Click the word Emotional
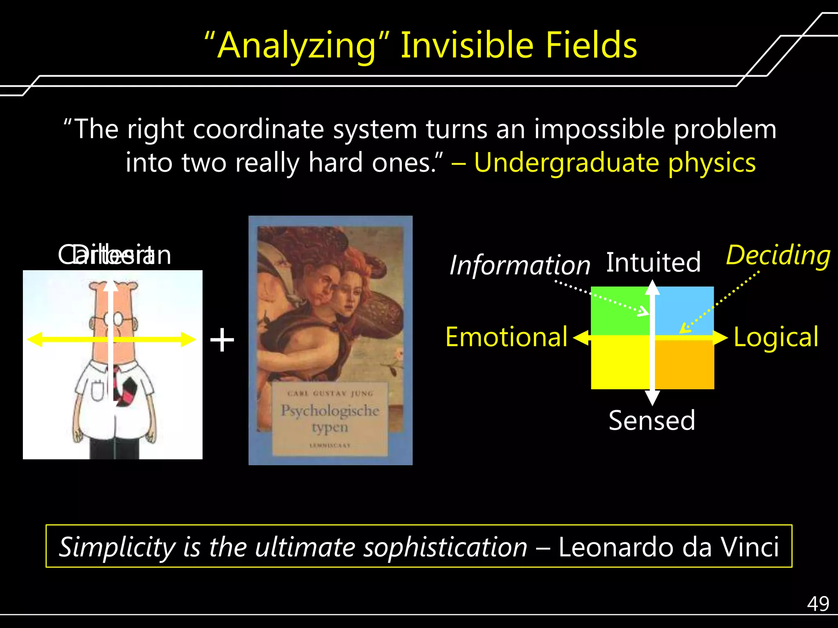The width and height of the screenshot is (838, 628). tap(506, 337)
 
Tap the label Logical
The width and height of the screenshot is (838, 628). tap(776, 337)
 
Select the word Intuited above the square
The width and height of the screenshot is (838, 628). tap(653, 262)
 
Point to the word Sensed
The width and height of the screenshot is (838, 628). tap(652, 420)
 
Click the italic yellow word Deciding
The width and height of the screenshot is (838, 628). tap(778, 256)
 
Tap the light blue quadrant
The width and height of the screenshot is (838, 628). tap(687, 307)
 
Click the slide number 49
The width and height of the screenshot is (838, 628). tap(818, 604)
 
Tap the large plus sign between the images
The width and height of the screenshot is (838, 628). tap(222, 340)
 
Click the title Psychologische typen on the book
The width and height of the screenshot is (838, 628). tap(330, 418)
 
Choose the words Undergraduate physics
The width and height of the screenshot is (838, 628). tap(615, 163)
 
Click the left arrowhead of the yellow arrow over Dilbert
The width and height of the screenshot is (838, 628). tap(34, 339)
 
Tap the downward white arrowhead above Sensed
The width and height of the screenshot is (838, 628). tap(652, 397)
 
